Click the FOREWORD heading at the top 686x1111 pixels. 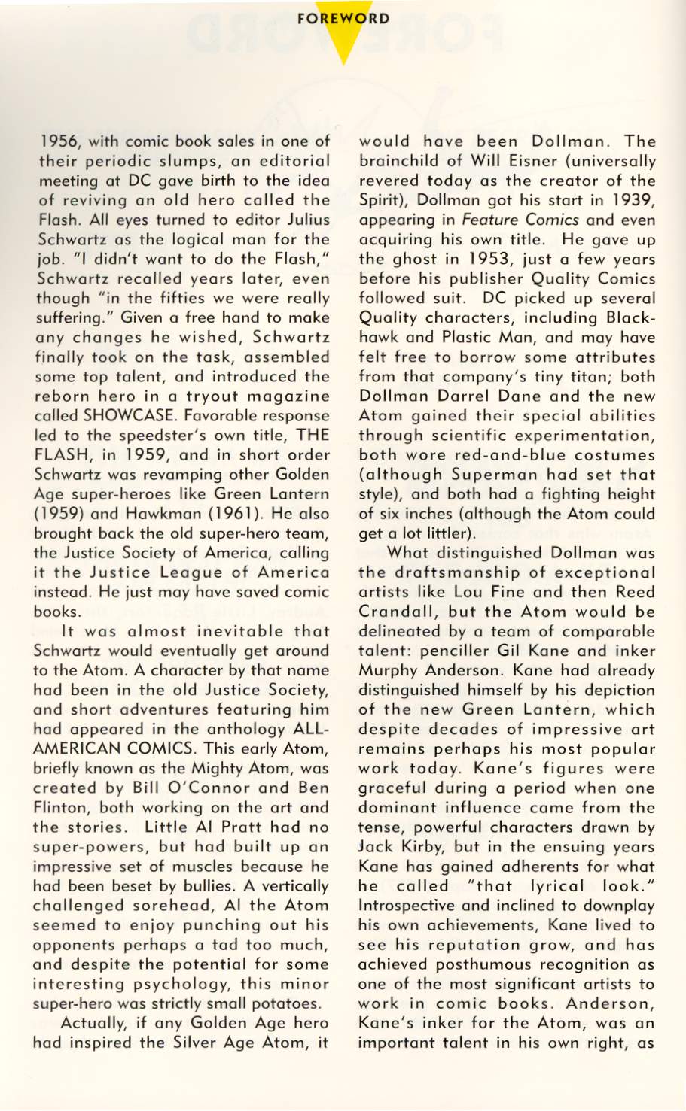point(343,18)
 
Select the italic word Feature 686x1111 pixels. point(488,220)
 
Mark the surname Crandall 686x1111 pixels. point(394,612)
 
